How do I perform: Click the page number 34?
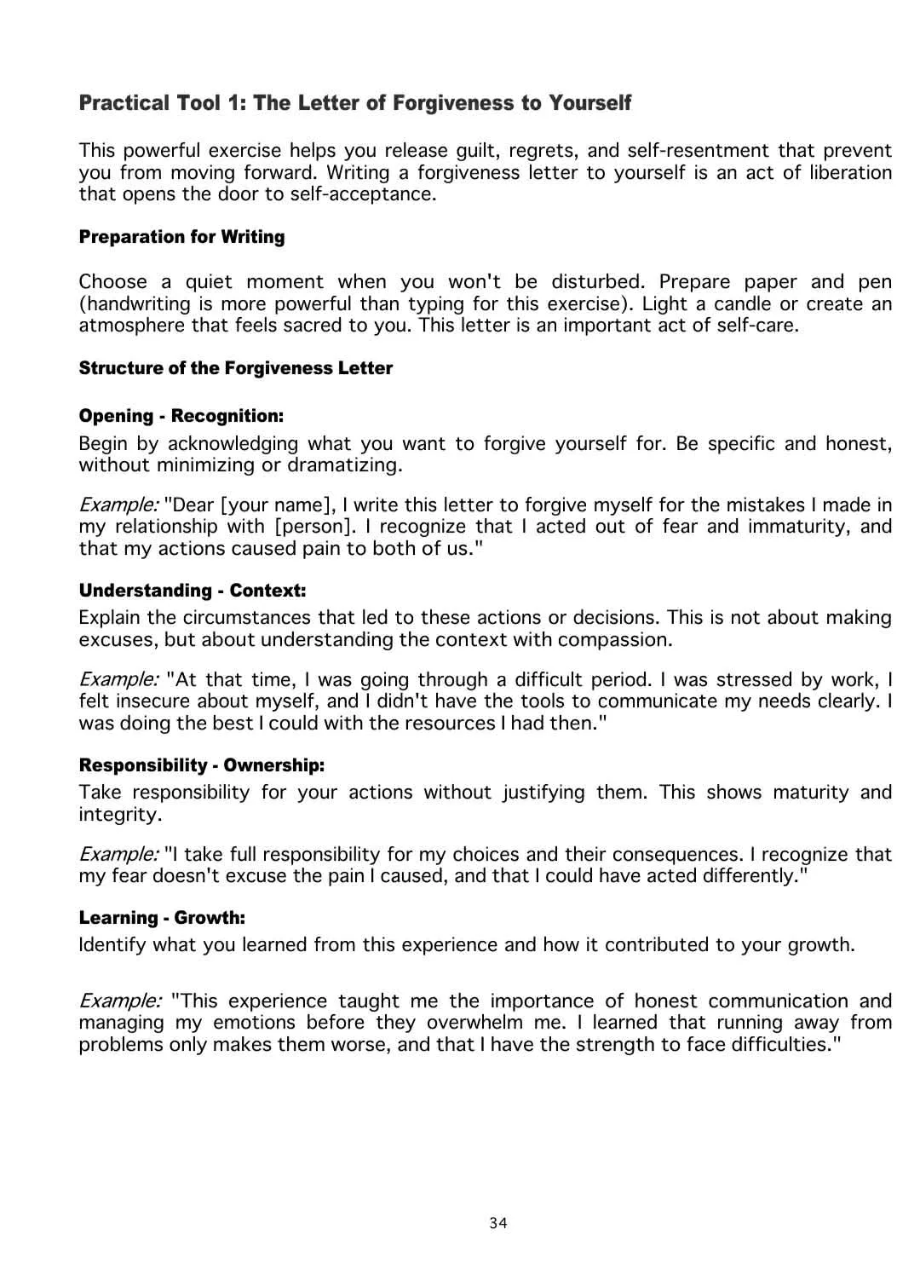click(498, 1223)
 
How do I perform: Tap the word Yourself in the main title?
click(589, 103)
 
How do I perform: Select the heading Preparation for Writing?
click(181, 237)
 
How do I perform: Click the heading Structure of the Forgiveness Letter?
click(235, 368)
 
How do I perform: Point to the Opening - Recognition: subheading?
click(181, 416)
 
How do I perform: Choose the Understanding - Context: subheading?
click(192, 591)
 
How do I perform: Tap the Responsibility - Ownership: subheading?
click(201, 765)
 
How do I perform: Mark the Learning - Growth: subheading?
click(162, 918)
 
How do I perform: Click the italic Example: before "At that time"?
click(118, 680)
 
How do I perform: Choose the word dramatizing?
click(344, 465)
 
